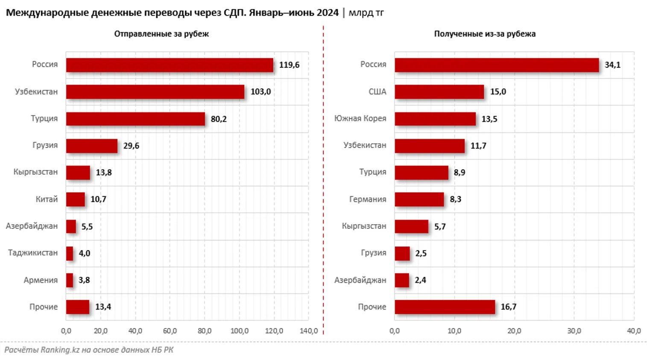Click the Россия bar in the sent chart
coord(170,65)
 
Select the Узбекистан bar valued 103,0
coord(155,92)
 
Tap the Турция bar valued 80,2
coord(135,119)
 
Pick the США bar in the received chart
coord(439,92)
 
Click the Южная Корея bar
coord(435,119)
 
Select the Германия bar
coord(419,199)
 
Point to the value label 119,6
coord(289,65)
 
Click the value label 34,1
coord(612,65)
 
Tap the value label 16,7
coord(508,307)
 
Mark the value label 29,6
coord(131,146)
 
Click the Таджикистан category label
coord(33,253)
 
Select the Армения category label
coord(41,280)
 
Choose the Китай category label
coord(47,199)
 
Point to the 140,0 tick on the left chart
coord(308,331)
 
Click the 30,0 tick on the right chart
coord(574,331)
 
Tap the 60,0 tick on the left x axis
coord(170,331)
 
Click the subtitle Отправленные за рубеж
coord(161,34)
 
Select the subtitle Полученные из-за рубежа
coord(484,34)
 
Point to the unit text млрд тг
coord(366,13)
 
